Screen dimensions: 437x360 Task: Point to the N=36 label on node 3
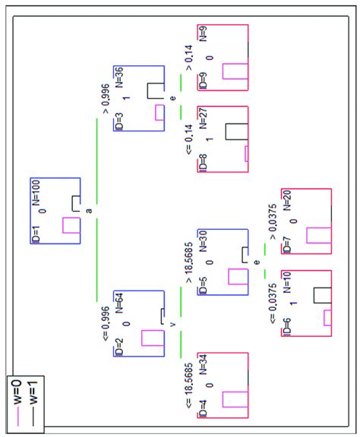click(118, 79)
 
